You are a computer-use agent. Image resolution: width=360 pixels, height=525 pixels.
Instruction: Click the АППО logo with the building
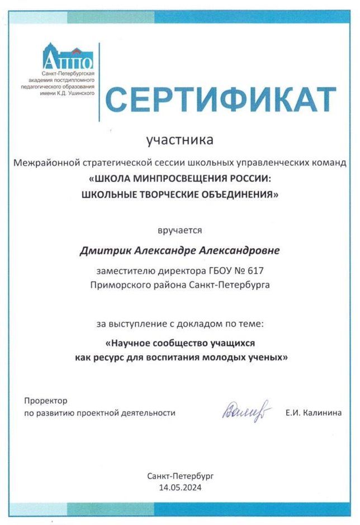pos(68,56)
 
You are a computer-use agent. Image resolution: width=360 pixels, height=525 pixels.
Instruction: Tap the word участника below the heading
pos(179,140)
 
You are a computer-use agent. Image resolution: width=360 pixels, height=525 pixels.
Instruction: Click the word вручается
pos(179,230)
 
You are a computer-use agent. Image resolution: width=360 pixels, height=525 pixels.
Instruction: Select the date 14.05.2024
pos(180,487)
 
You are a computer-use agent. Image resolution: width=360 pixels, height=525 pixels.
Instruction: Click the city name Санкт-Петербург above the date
pos(180,476)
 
